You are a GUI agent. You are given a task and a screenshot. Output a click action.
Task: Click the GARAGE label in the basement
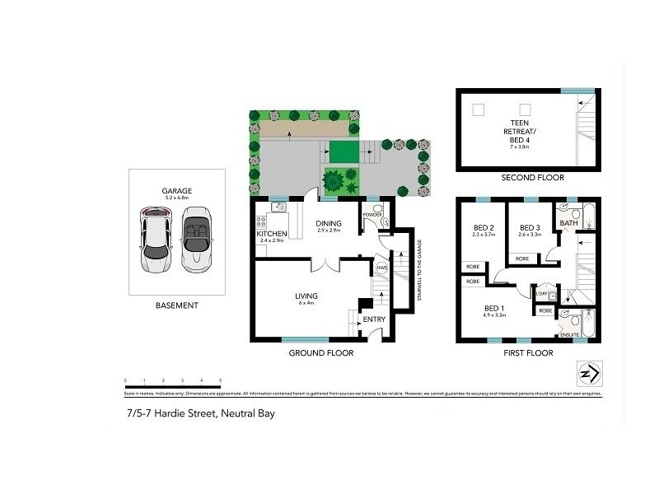coord(177,190)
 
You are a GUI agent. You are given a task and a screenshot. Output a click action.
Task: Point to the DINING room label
coord(329,222)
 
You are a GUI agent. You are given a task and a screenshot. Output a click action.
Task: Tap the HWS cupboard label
coord(381,268)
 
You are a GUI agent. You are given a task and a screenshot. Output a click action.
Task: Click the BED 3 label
coord(529,228)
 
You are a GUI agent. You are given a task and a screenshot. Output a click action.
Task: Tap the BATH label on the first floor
coord(569,223)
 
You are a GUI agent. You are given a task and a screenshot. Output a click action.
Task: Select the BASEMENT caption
coord(177,305)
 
